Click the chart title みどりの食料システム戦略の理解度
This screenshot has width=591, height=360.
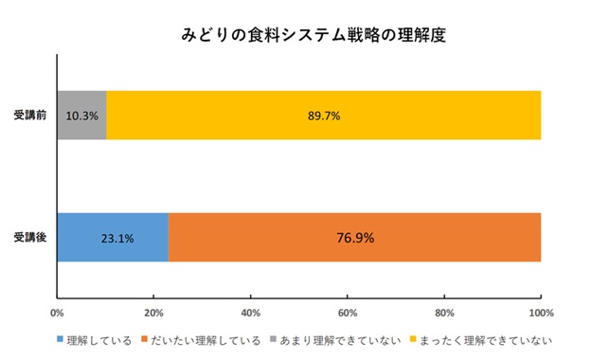point(313,36)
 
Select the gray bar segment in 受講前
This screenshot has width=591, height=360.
point(81,116)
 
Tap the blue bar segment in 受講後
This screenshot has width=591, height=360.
point(112,237)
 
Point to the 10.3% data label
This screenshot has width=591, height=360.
point(81,116)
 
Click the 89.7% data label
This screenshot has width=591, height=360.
point(323,116)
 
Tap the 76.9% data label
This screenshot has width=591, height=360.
point(355,237)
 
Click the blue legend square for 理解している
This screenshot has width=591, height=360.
point(62,338)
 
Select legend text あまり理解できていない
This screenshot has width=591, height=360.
point(348,338)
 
